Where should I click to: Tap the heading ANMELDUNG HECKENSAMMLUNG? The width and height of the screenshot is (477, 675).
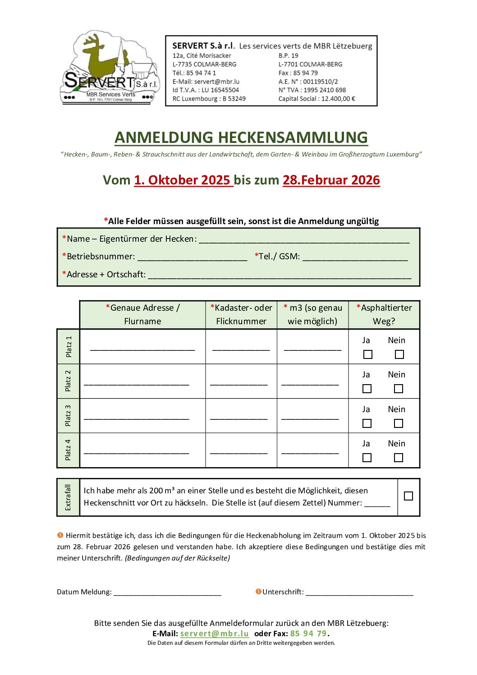pyautogui.click(x=241, y=137)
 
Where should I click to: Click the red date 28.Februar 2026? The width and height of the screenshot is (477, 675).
pyautogui.click(x=331, y=180)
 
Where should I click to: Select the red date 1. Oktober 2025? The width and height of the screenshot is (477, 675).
pyautogui.click(x=183, y=180)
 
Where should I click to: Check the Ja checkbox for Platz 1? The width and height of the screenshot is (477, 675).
pyautogui.click(x=368, y=354)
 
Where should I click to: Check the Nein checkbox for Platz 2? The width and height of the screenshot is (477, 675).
pyautogui.click(x=399, y=389)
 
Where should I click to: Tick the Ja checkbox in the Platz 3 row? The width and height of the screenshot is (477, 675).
pyautogui.click(x=367, y=423)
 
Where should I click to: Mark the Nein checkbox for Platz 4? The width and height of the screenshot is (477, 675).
pyautogui.click(x=399, y=458)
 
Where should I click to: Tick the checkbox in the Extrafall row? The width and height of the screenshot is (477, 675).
pyautogui.click(x=408, y=496)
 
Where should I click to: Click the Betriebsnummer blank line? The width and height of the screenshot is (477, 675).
pyautogui.click(x=193, y=257)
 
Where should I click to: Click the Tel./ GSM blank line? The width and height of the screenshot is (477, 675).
pyautogui.click(x=355, y=257)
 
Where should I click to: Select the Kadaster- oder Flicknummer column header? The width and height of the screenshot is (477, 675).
pyautogui.click(x=241, y=314)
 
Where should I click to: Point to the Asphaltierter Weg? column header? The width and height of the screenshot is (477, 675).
pyautogui.click(x=384, y=314)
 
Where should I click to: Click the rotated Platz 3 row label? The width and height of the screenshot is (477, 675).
pyautogui.click(x=68, y=416)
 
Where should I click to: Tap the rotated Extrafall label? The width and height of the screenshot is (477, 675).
pyautogui.click(x=68, y=497)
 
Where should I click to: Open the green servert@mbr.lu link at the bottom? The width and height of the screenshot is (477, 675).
pyautogui.click(x=215, y=634)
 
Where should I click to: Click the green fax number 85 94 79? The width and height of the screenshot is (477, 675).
pyautogui.click(x=308, y=634)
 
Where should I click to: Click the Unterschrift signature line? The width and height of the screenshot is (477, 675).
pyautogui.click(x=359, y=592)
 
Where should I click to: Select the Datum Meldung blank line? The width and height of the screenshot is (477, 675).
pyautogui.click(x=167, y=592)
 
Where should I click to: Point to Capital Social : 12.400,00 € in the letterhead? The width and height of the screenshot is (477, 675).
pyautogui.click(x=316, y=99)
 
